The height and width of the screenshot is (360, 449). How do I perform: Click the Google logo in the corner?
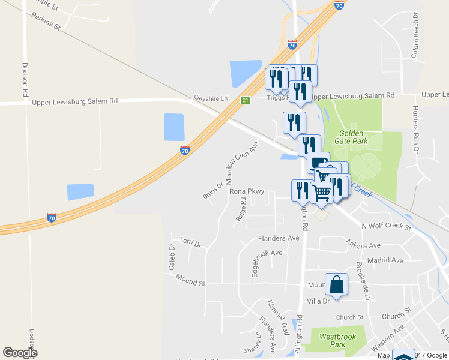pyautogui.click(x=20, y=353)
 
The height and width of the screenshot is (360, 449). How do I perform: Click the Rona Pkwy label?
pyautogui.click(x=247, y=192)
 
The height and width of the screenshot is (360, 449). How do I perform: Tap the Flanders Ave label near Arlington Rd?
pyautogui.click(x=278, y=238)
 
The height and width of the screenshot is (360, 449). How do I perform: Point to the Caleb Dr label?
pyautogui.click(x=171, y=256)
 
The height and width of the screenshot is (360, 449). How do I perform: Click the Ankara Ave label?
pyautogui.click(x=363, y=245)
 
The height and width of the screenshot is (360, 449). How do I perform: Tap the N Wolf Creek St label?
pyautogui.click(x=385, y=226)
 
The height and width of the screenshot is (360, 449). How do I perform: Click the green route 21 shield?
pyautogui.click(x=245, y=100)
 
